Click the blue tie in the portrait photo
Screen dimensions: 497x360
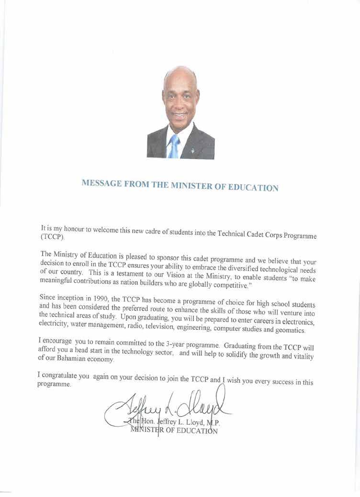pyautogui.click(x=174, y=145)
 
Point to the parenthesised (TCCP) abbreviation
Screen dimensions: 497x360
pyautogui.click(x=52, y=237)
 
